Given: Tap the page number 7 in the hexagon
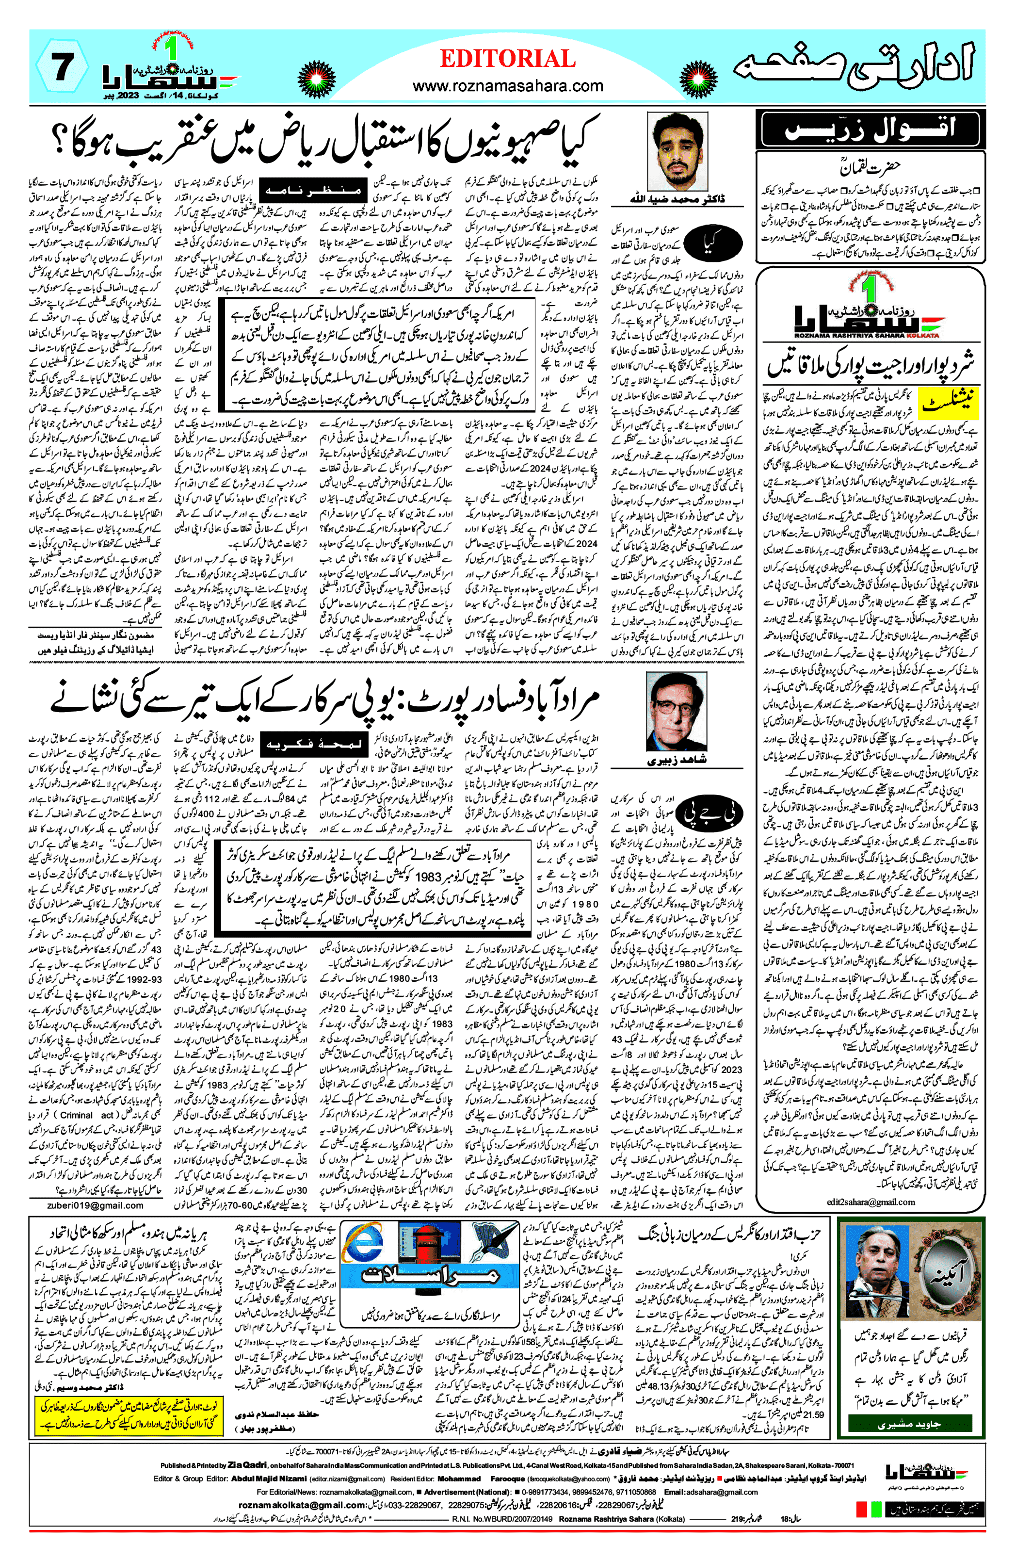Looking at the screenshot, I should [x=62, y=68].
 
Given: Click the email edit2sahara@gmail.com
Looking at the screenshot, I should [x=871, y=1202].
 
